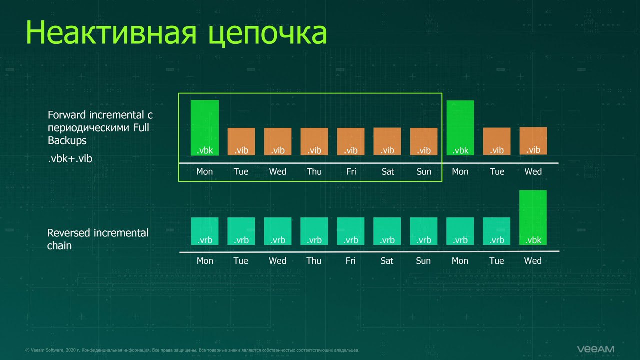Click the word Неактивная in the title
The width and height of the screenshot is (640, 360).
tap(111, 33)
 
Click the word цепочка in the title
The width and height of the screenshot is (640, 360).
tap(267, 35)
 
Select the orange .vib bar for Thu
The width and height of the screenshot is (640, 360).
tap(314, 141)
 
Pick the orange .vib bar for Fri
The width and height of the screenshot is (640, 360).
tap(351, 141)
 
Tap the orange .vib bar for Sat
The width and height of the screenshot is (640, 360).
tap(387, 141)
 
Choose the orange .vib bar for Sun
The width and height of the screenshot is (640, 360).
tap(424, 141)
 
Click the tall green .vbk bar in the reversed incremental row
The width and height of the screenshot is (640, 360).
tap(533, 217)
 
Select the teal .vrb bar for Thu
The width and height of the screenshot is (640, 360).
tap(314, 231)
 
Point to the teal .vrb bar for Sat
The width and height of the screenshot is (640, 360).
tap(387, 231)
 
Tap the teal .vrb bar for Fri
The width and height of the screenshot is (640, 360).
tap(351, 231)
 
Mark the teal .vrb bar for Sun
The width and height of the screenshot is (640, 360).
tap(423, 231)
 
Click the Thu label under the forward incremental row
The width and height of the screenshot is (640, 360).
tap(314, 171)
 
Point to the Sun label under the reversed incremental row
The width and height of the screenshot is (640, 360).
tap(423, 261)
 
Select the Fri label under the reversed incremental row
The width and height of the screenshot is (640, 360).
tap(351, 261)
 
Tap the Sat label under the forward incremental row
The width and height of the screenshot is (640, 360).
tap(388, 171)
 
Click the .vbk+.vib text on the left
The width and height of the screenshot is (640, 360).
tap(70, 159)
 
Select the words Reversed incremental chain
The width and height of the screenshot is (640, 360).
tap(97, 239)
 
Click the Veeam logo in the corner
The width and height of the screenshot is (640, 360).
tap(595, 349)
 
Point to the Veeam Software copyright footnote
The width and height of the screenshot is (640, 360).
tap(192, 350)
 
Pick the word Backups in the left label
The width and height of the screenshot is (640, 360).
tap(67, 140)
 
